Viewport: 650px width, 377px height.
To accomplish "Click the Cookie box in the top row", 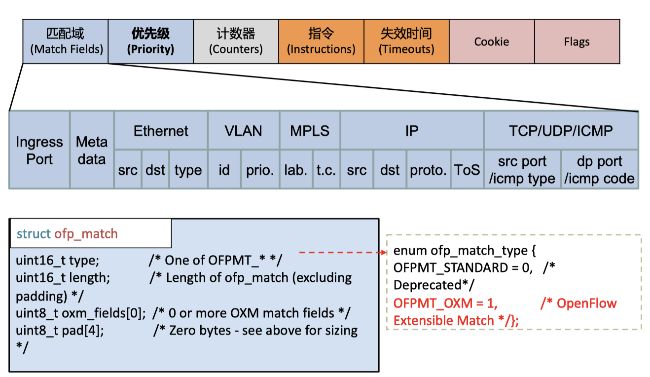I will tap(492, 41).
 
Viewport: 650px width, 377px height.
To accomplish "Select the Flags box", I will tap(577, 41).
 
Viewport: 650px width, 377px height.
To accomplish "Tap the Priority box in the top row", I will tap(150, 41).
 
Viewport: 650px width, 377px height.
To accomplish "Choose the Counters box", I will tap(236, 41).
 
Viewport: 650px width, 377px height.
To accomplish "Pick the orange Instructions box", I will tap(321, 41).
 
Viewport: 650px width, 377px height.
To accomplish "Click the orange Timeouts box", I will tap(406, 41).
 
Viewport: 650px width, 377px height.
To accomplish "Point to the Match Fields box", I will tap(66, 41).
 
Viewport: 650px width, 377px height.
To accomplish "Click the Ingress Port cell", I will tap(39, 150).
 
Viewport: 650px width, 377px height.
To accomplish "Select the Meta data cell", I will tap(92, 150).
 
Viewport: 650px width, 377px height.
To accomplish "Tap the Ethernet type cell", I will tap(188, 170).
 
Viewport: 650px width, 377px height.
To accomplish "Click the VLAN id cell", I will tap(224, 170).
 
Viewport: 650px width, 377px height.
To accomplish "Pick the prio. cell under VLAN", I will tap(260, 170).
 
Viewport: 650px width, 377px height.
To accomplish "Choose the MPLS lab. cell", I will tap(296, 170).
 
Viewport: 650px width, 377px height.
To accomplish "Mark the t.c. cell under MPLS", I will tap(326, 170).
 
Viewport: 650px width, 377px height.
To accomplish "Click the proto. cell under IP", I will tap(428, 170).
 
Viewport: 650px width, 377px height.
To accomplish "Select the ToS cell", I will tap(467, 170).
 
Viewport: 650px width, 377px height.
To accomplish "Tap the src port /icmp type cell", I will tap(522, 170).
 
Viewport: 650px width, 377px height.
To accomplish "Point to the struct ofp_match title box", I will tap(91, 233).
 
